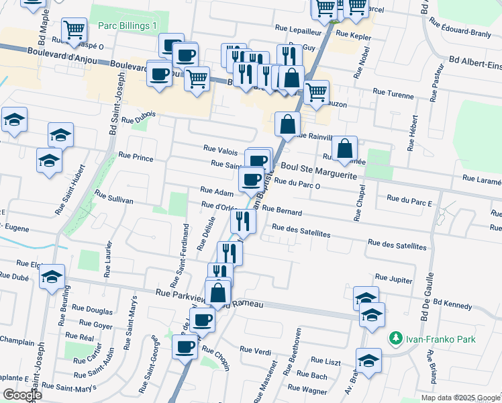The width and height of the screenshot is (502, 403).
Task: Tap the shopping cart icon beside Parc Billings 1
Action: point(73,29)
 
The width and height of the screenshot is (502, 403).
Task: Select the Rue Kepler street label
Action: point(352,33)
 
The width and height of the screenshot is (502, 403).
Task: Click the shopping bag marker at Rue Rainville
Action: point(287,124)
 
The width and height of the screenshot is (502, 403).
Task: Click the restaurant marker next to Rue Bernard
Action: point(243,220)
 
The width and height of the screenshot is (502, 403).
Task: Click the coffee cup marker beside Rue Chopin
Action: point(185,347)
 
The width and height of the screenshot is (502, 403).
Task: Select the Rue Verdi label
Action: point(255,350)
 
